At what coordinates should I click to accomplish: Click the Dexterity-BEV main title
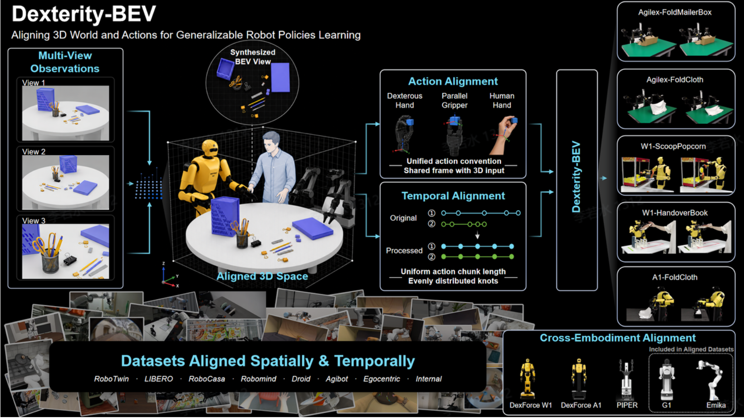[x=83, y=15]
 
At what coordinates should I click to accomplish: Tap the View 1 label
[x=34, y=83]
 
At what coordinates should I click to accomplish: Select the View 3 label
[x=34, y=220]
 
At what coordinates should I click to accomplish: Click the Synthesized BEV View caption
[x=253, y=57]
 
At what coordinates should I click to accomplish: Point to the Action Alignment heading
[x=453, y=81]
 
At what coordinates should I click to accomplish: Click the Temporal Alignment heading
[x=453, y=196]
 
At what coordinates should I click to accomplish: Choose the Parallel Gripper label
[x=455, y=100]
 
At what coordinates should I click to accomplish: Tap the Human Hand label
[x=502, y=100]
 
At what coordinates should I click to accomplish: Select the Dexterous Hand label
[x=405, y=100]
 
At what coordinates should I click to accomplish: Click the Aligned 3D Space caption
[x=262, y=276]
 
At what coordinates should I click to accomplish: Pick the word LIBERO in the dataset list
[x=158, y=379]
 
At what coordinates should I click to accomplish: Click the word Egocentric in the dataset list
[x=382, y=379]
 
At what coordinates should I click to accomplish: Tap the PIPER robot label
[x=627, y=405]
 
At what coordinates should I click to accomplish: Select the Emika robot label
[x=716, y=405]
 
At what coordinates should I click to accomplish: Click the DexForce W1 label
[x=530, y=405]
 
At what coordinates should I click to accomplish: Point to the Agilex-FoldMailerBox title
[x=675, y=12]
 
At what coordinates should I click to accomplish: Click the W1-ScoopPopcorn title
[x=673, y=146]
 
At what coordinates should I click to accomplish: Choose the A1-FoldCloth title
[x=675, y=277]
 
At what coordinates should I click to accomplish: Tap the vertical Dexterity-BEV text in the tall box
[x=576, y=177]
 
